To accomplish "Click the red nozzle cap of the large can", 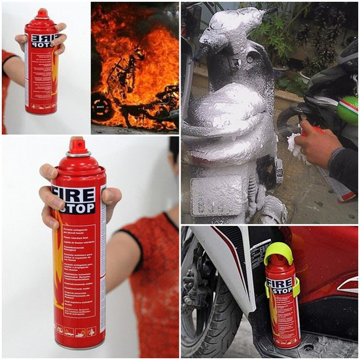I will click(77, 146).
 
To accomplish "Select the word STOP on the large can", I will click(78, 207).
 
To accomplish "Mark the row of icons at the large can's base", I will click(79, 331).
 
